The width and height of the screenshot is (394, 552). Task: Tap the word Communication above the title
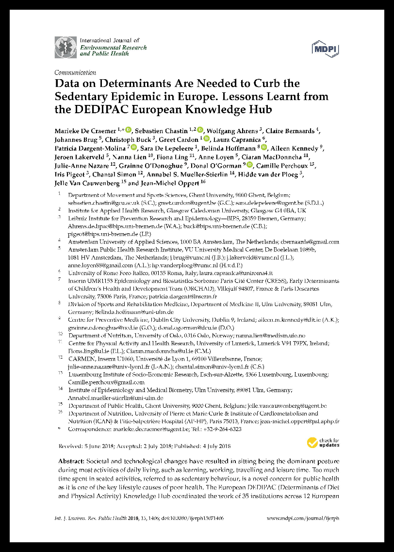click(75, 72)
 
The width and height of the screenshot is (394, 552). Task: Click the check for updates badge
click(323, 442)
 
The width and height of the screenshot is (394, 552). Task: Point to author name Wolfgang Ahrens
click(235, 131)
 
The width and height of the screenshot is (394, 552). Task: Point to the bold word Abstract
click(71, 461)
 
